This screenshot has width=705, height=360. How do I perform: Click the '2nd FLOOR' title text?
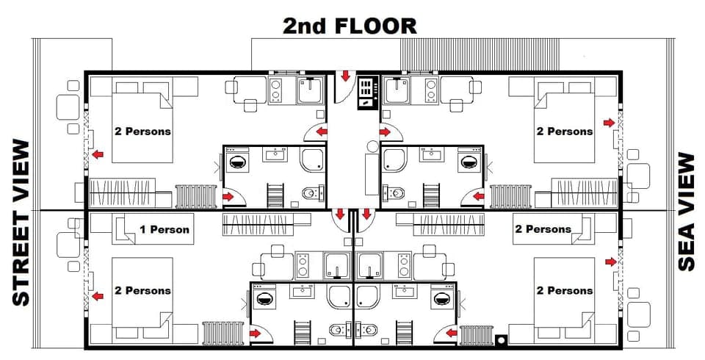click(350, 26)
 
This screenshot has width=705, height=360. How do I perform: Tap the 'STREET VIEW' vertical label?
click(21, 223)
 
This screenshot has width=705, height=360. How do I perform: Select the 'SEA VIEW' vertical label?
click(686, 212)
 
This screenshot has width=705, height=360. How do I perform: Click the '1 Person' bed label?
click(164, 229)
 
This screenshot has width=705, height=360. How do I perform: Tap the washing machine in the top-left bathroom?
click(239, 162)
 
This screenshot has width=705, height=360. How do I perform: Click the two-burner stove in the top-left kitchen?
click(278, 91)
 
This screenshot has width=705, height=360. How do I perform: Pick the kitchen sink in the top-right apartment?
click(398, 90)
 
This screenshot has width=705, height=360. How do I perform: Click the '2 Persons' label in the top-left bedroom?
click(142, 132)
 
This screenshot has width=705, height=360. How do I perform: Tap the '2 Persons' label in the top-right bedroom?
click(564, 132)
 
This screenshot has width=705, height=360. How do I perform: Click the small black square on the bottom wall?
click(501, 340)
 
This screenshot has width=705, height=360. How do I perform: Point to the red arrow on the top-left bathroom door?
click(228, 196)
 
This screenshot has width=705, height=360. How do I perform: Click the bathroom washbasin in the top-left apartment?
click(277, 154)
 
